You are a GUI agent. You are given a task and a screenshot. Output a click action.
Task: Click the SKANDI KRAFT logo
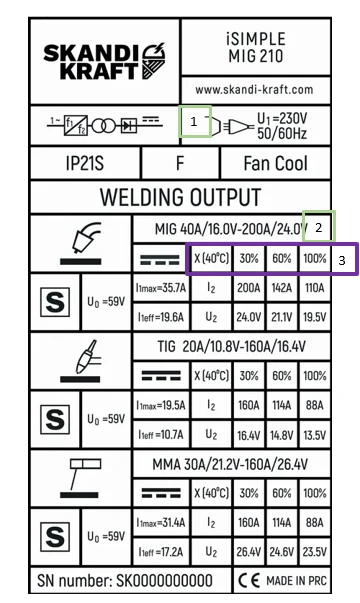104,61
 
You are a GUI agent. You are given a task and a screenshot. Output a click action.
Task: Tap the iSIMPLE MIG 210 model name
256,48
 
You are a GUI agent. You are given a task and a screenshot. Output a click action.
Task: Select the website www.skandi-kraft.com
254,90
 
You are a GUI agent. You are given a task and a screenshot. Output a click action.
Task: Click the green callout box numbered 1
195,122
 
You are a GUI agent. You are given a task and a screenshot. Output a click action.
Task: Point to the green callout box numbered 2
319,226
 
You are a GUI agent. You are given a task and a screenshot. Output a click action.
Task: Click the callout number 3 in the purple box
342,260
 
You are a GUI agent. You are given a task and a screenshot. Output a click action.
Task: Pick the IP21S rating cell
85,163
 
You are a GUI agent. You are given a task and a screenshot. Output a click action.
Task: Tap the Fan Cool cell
275,163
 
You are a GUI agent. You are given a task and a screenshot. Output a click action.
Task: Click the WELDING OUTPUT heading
180,197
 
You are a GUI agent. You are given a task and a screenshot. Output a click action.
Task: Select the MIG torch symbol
82,243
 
